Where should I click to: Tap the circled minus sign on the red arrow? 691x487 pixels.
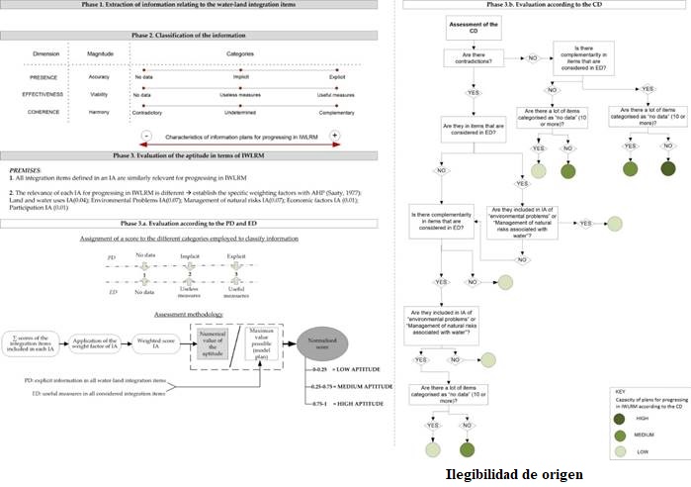click(145, 135)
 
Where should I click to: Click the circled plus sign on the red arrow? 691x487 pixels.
click(335, 135)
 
